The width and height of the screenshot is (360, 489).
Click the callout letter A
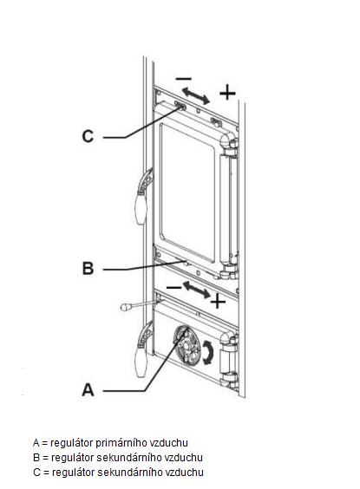coord(88,390)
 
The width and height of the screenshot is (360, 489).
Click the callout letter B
coord(88,268)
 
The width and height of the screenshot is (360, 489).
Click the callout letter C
coord(88,136)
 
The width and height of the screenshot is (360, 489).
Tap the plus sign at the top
coord(227,93)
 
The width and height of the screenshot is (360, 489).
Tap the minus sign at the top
coord(183,79)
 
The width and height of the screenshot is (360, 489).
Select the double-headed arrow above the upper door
coord(196,95)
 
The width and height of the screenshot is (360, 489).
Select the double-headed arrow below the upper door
coord(196,290)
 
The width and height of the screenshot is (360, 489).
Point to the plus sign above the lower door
coord(218,302)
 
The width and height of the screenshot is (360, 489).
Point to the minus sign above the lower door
coord(173,287)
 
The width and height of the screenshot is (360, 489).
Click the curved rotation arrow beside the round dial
coord(208,352)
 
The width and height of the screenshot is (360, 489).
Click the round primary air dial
coord(187,346)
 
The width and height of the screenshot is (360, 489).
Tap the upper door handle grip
coord(141,208)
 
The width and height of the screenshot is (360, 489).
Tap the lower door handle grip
coord(141,362)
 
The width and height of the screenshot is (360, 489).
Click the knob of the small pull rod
coord(125,307)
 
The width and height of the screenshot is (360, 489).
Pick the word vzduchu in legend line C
coord(185,473)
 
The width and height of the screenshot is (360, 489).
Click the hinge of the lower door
coord(229,362)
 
